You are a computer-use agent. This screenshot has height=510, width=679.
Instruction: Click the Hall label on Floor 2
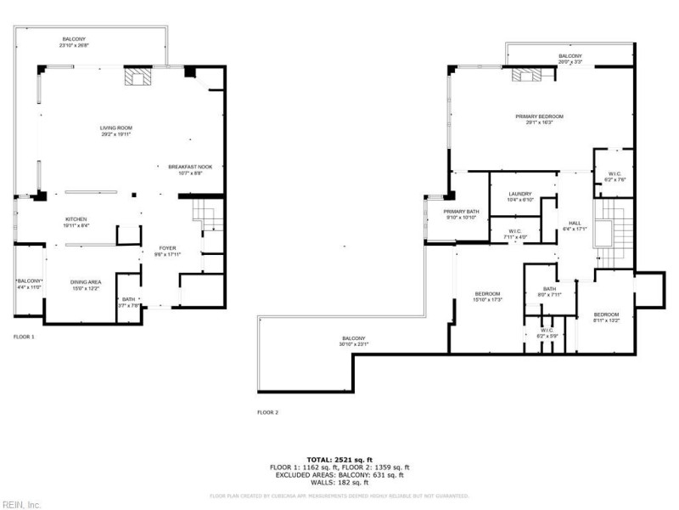pyautogui.click(x=575, y=225)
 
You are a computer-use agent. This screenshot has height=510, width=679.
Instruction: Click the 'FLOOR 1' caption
pyautogui.click(x=24, y=337)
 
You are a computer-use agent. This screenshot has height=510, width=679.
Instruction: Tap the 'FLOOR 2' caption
pyautogui.click(x=267, y=412)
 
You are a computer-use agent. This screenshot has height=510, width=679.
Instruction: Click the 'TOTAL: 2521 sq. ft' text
pyautogui.click(x=339, y=459)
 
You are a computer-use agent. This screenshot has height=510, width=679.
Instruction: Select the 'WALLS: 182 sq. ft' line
pyautogui.click(x=339, y=482)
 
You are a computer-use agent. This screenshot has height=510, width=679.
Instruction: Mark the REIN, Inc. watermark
pyautogui.click(x=21, y=504)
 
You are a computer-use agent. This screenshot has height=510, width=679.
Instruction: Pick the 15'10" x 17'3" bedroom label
pyautogui.click(x=488, y=297)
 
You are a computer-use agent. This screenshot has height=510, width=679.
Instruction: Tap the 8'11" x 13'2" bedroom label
pyautogui.click(x=606, y=318)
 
